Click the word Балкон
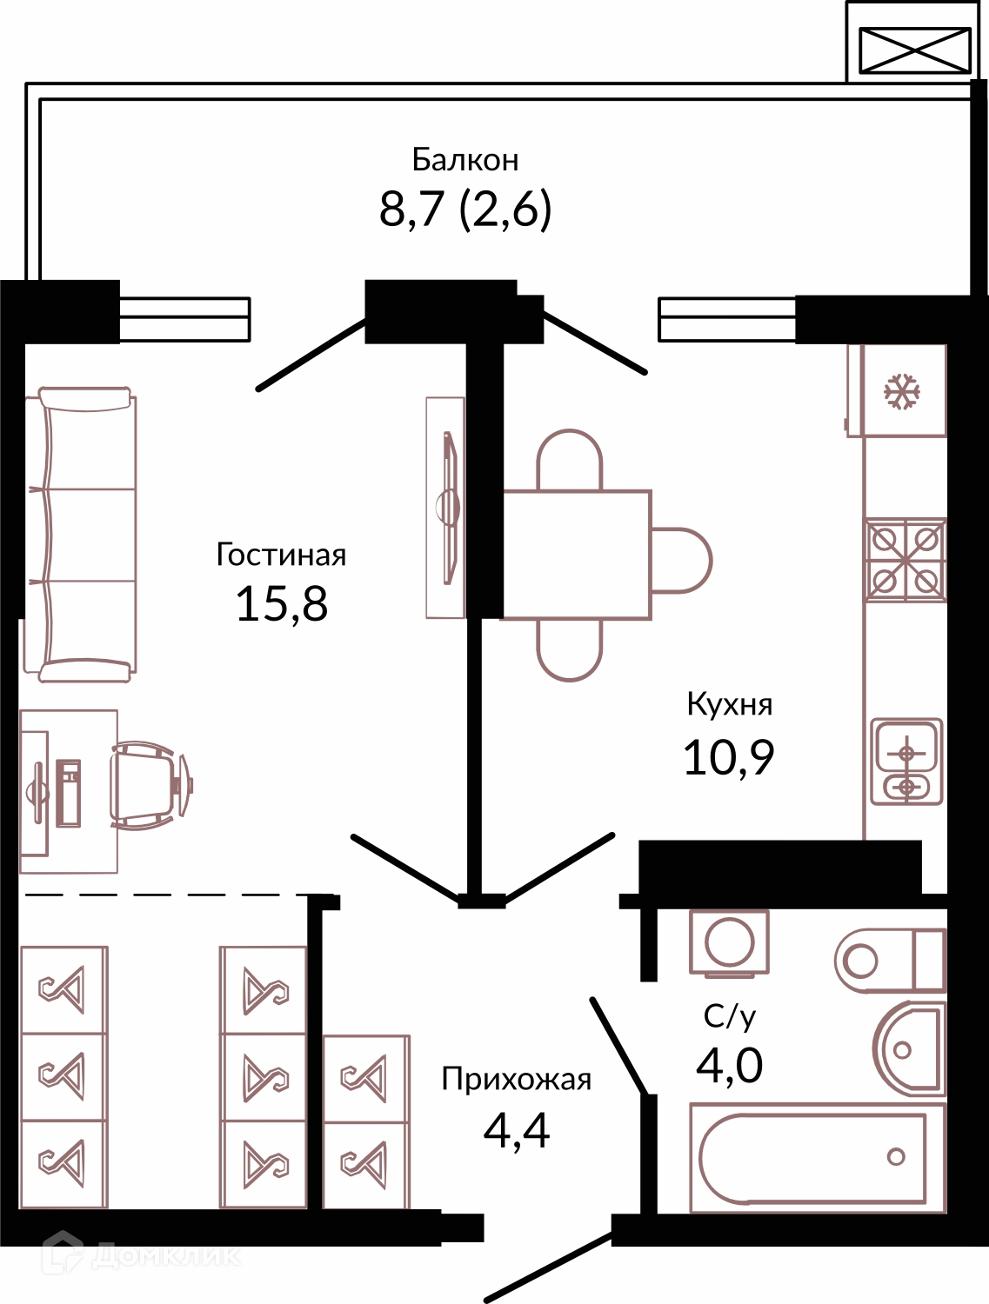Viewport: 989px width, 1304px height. [465, 160]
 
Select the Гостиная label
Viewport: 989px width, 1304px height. [281, 555]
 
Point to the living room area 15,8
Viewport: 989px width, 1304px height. [282, 604]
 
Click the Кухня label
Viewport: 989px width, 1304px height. [729, 705]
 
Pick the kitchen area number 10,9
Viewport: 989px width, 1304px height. [729, 757]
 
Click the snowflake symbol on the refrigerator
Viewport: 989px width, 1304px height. [902, 391]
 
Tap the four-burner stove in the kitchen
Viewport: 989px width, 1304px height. [905, 560]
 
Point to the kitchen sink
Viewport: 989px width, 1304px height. [906, 762]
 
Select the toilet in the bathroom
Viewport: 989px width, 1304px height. [890, 961]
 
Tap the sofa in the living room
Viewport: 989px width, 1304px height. [81, 534]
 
